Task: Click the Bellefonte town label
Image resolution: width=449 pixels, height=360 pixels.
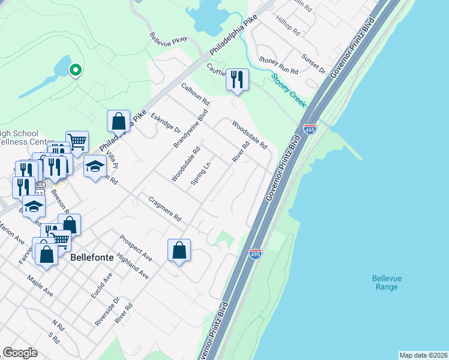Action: pos(92,257)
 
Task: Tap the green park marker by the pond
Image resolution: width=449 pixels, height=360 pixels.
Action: pos(75,70)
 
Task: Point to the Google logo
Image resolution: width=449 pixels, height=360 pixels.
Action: pos(20,353)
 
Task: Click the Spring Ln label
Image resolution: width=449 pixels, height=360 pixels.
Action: pos(200,173)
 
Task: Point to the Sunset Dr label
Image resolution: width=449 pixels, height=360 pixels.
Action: pos(313,64)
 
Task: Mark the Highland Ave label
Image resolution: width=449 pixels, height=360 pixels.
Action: pos(133,266)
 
